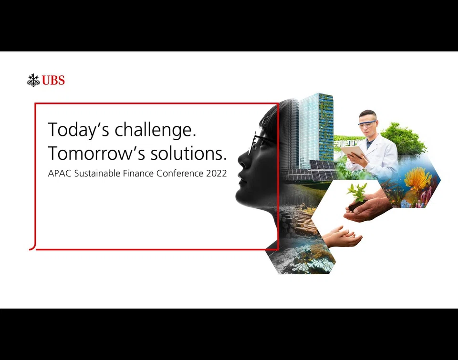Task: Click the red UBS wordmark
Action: coord(53,80)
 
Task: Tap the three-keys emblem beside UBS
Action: coord(33,80)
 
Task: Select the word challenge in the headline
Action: coord(155,129)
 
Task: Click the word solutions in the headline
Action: coord(188,153)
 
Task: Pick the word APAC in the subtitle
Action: coord(60,174)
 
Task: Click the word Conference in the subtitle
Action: coord(180,174)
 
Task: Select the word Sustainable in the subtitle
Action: coord(97,174)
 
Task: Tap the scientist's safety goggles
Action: coord(367,124)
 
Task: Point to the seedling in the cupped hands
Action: coord(357,192)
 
